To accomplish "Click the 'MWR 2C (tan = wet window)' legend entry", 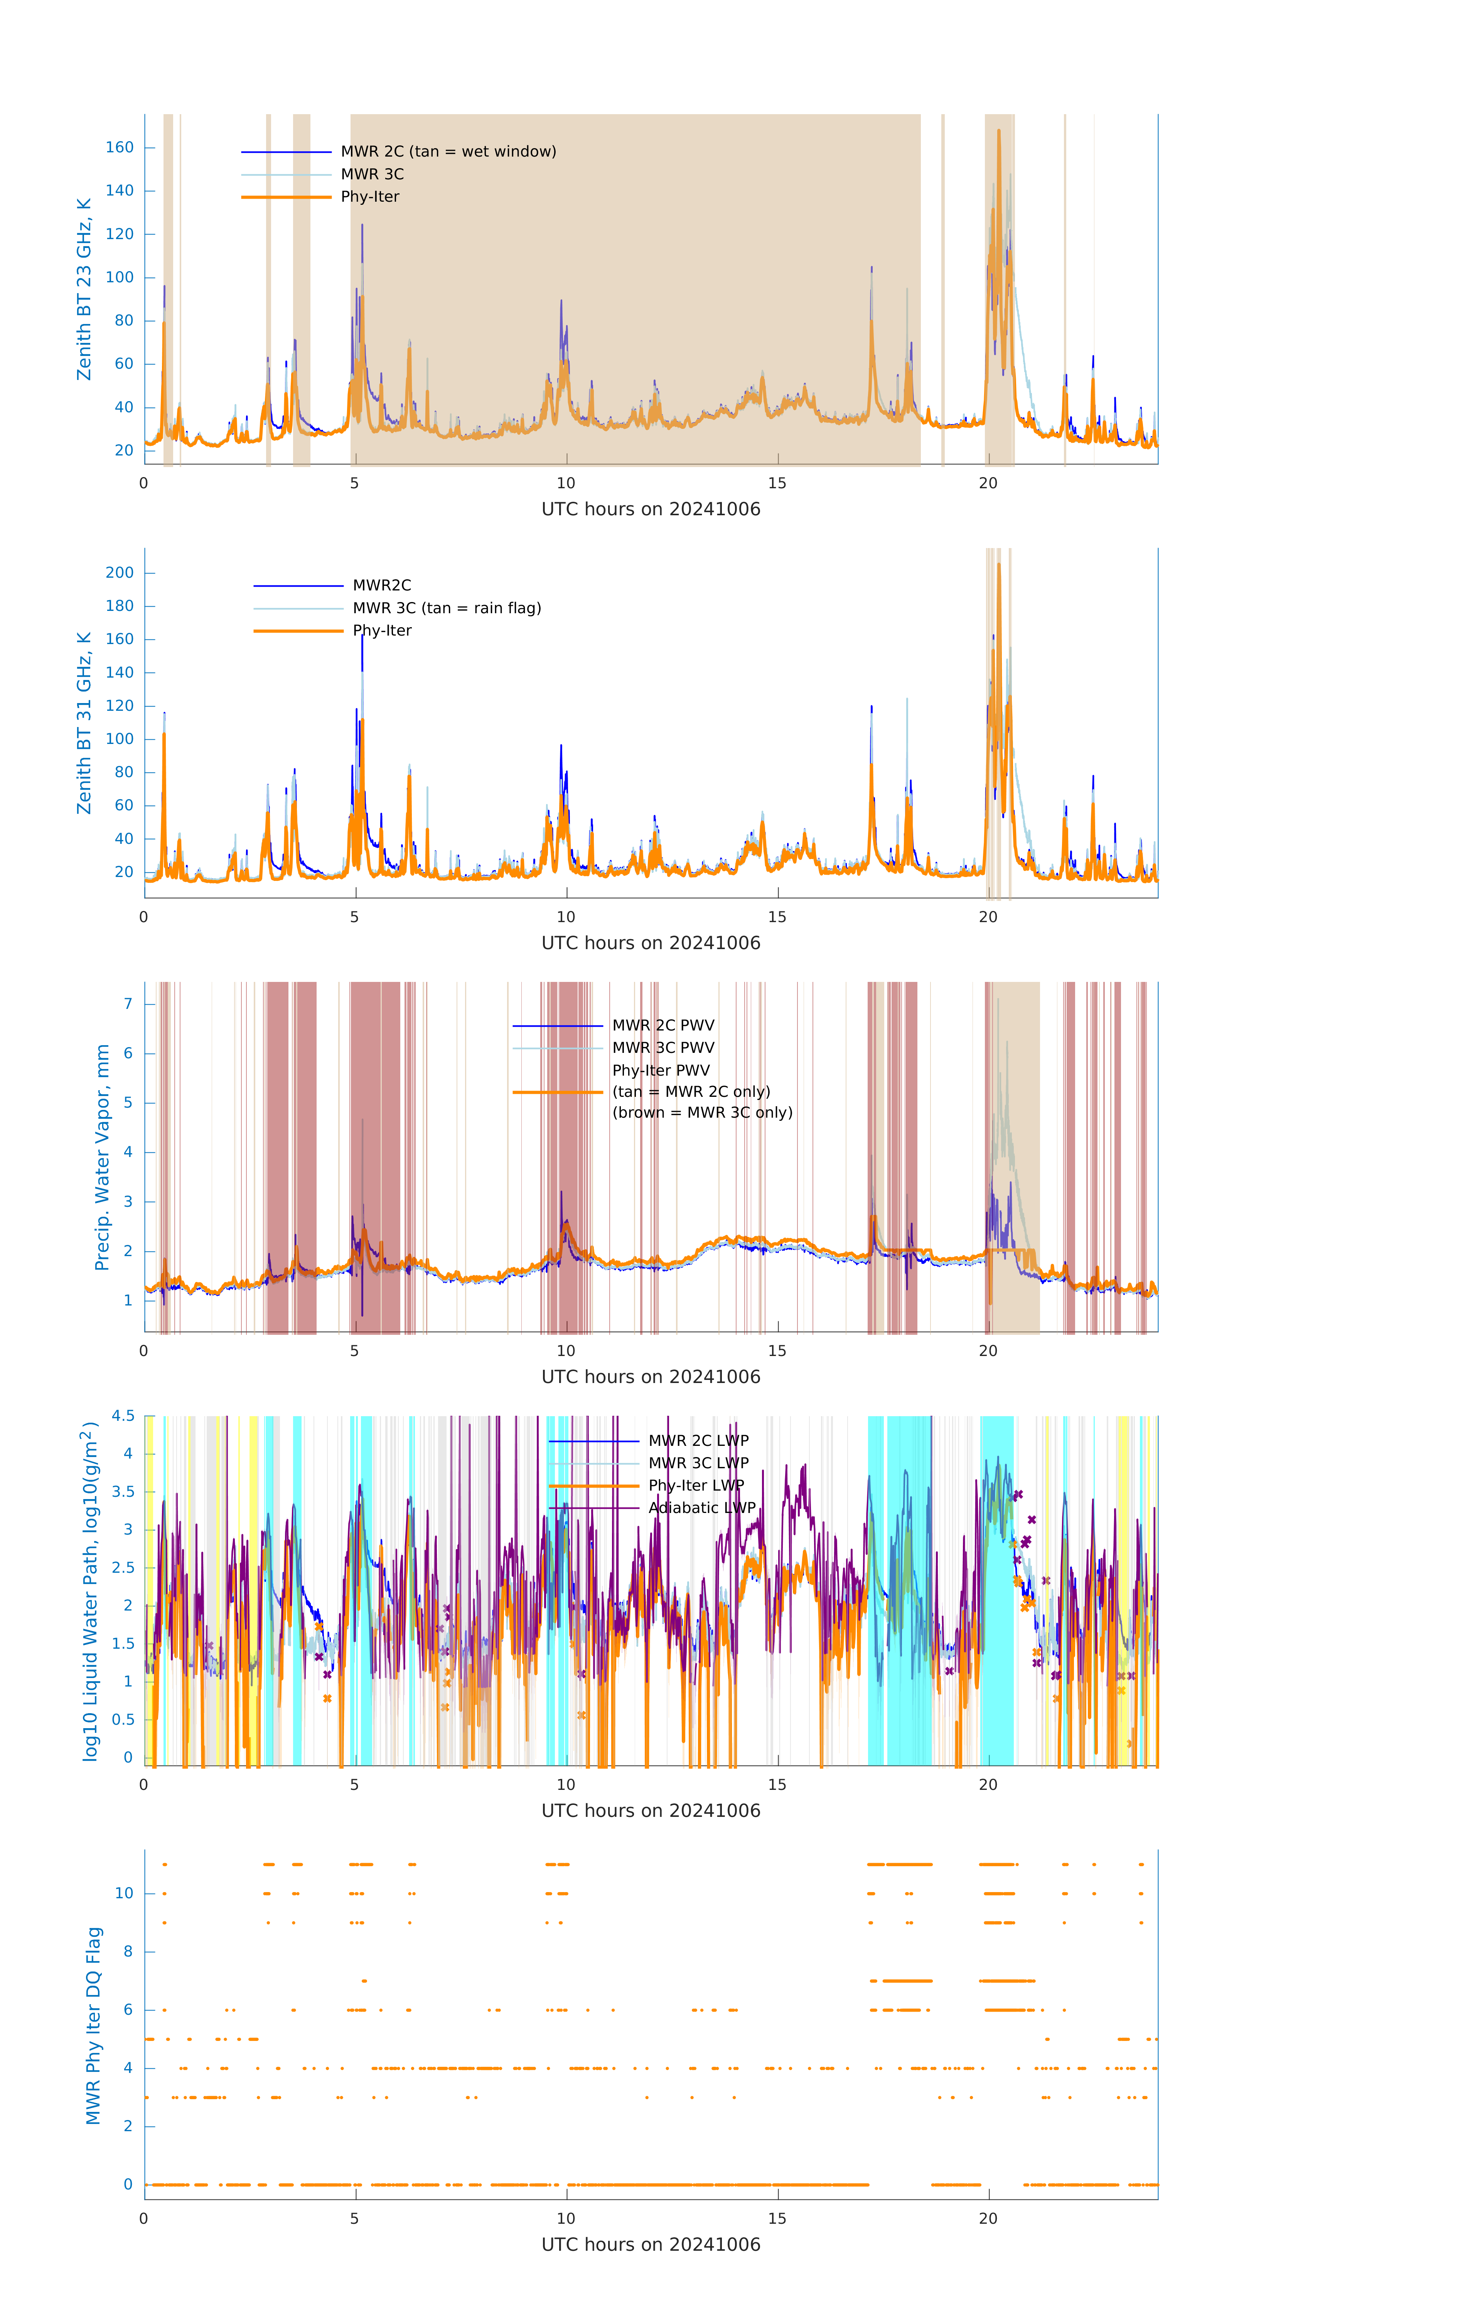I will (448, 152).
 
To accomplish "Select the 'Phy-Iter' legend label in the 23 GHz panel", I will (370, 197).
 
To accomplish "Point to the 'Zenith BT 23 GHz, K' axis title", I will (84, 289).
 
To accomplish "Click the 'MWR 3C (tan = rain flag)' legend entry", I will (447, 608).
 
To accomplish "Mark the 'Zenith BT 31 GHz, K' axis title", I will (84, 723).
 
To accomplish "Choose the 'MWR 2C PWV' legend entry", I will (663, 1025).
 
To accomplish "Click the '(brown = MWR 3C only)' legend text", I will (703, 1113).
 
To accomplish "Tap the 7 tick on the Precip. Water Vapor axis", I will (128, 1004).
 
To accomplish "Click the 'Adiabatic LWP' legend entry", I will (701, 1508).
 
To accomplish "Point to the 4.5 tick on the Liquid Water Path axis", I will (123, 1417).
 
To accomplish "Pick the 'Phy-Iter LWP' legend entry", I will (696, 1486).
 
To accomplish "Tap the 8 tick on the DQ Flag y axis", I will (128, 1952).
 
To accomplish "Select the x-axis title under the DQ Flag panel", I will (651, 2245).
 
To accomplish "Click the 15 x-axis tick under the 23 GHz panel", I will (776, 483).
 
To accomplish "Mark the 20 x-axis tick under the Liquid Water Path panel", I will (988, 1784).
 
